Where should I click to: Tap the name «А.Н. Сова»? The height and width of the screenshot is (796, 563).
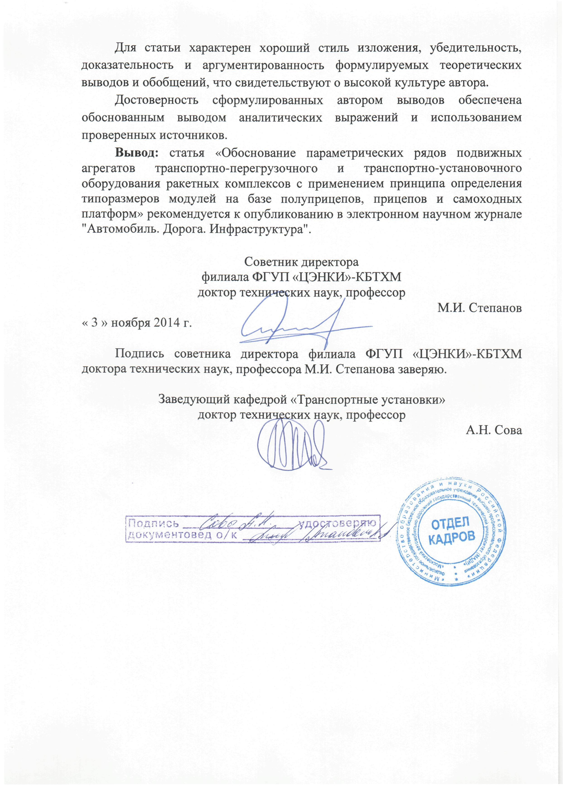tap(494, 430)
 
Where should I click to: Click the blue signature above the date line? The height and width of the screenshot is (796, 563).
tap(302, 323)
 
